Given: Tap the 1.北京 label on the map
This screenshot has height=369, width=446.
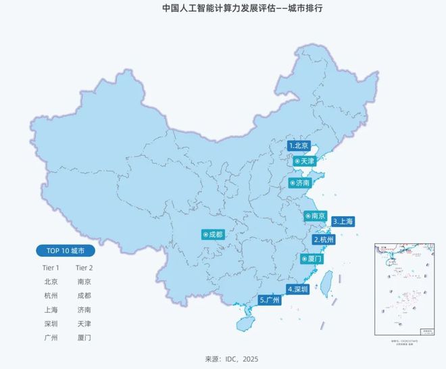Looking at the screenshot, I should (299, 145).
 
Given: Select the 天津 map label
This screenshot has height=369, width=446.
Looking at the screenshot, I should (304, 162).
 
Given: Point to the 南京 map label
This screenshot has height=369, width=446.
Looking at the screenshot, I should (316, 216).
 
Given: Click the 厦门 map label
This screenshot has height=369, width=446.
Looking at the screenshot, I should (312, 259).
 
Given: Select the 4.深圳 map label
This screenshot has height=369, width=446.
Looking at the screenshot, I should (298, 289).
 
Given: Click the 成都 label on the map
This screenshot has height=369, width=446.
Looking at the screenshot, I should (212, 235).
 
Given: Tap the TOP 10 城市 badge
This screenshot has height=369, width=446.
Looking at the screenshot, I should (66, 251).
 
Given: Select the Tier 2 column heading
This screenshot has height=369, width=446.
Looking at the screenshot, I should (84, 268).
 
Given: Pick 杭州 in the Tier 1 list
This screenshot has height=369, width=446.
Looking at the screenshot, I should (51, 295).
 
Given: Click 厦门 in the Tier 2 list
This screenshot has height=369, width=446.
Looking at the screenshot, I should (84, 337).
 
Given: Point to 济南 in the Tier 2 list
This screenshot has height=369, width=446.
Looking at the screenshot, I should (84, 309).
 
